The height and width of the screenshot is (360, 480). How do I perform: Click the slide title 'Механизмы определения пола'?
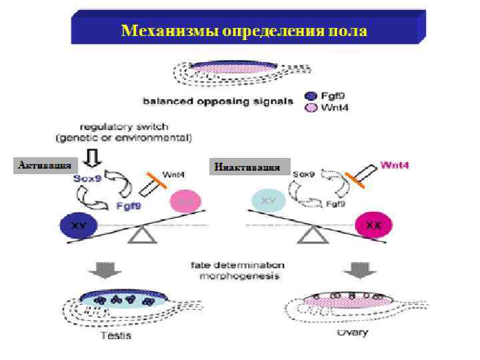tap(244, 31)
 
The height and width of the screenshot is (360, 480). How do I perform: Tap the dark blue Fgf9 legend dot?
tap(309, 95)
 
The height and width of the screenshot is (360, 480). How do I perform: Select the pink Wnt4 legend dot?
tap(309, 107)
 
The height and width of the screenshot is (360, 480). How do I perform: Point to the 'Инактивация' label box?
tap(250, 167)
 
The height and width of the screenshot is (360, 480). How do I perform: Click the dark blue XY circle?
tap(79, 224)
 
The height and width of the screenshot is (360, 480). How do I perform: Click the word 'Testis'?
tap(116, 334)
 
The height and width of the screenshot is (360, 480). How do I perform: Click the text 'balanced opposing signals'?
tap(217, 101)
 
